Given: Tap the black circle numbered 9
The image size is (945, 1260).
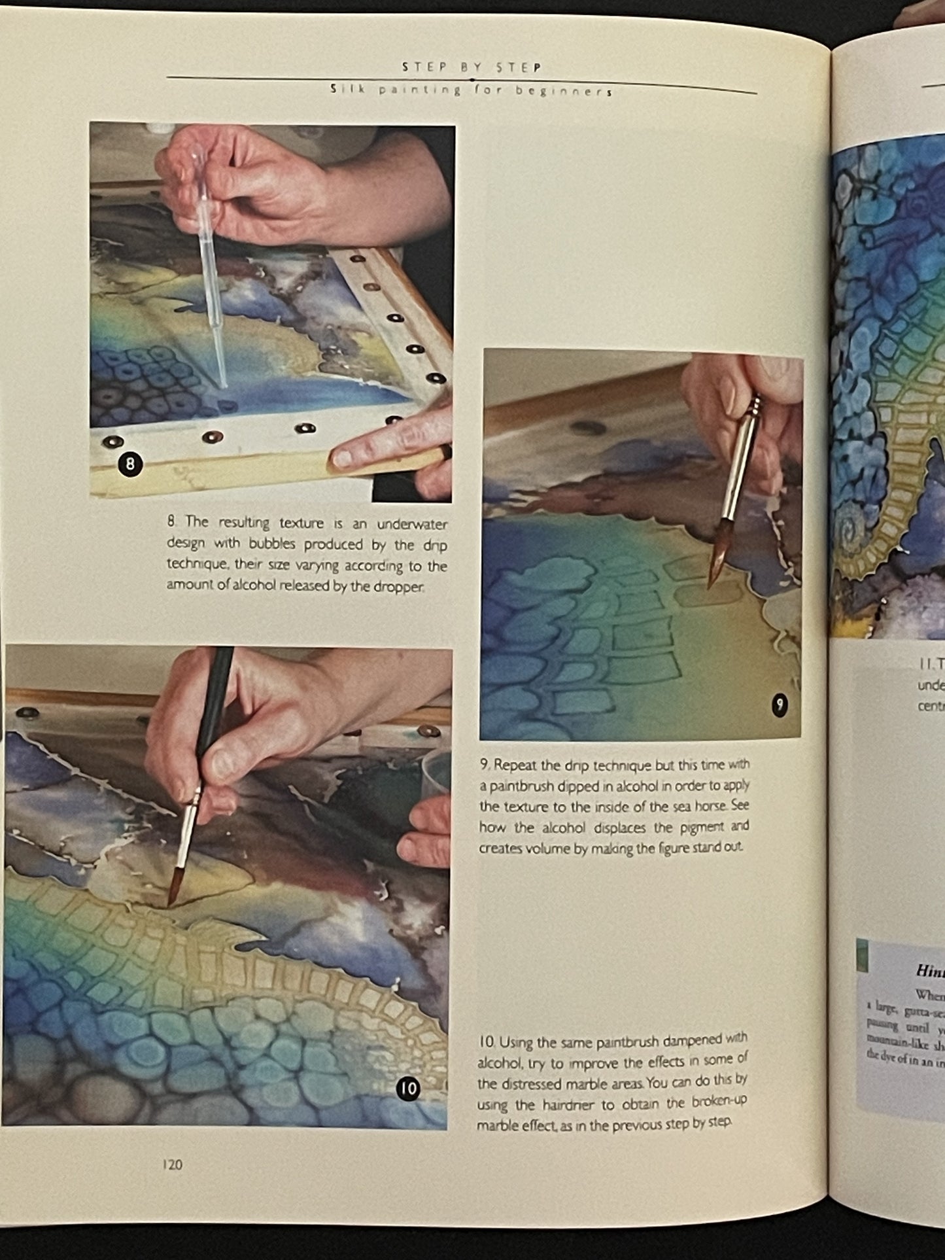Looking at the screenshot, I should [779, 705].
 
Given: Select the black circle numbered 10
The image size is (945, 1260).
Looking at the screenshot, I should [408, 1089].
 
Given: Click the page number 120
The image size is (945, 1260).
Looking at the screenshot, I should [173, 1164].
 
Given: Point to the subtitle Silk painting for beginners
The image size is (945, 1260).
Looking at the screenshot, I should [472, 90].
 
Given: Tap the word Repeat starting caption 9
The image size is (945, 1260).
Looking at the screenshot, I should [517, 765].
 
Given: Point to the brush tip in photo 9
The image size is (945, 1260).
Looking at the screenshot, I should [713, 576].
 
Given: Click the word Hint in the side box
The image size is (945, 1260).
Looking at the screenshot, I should [929, 970].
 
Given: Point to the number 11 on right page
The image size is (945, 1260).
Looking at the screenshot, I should [925, 663].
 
